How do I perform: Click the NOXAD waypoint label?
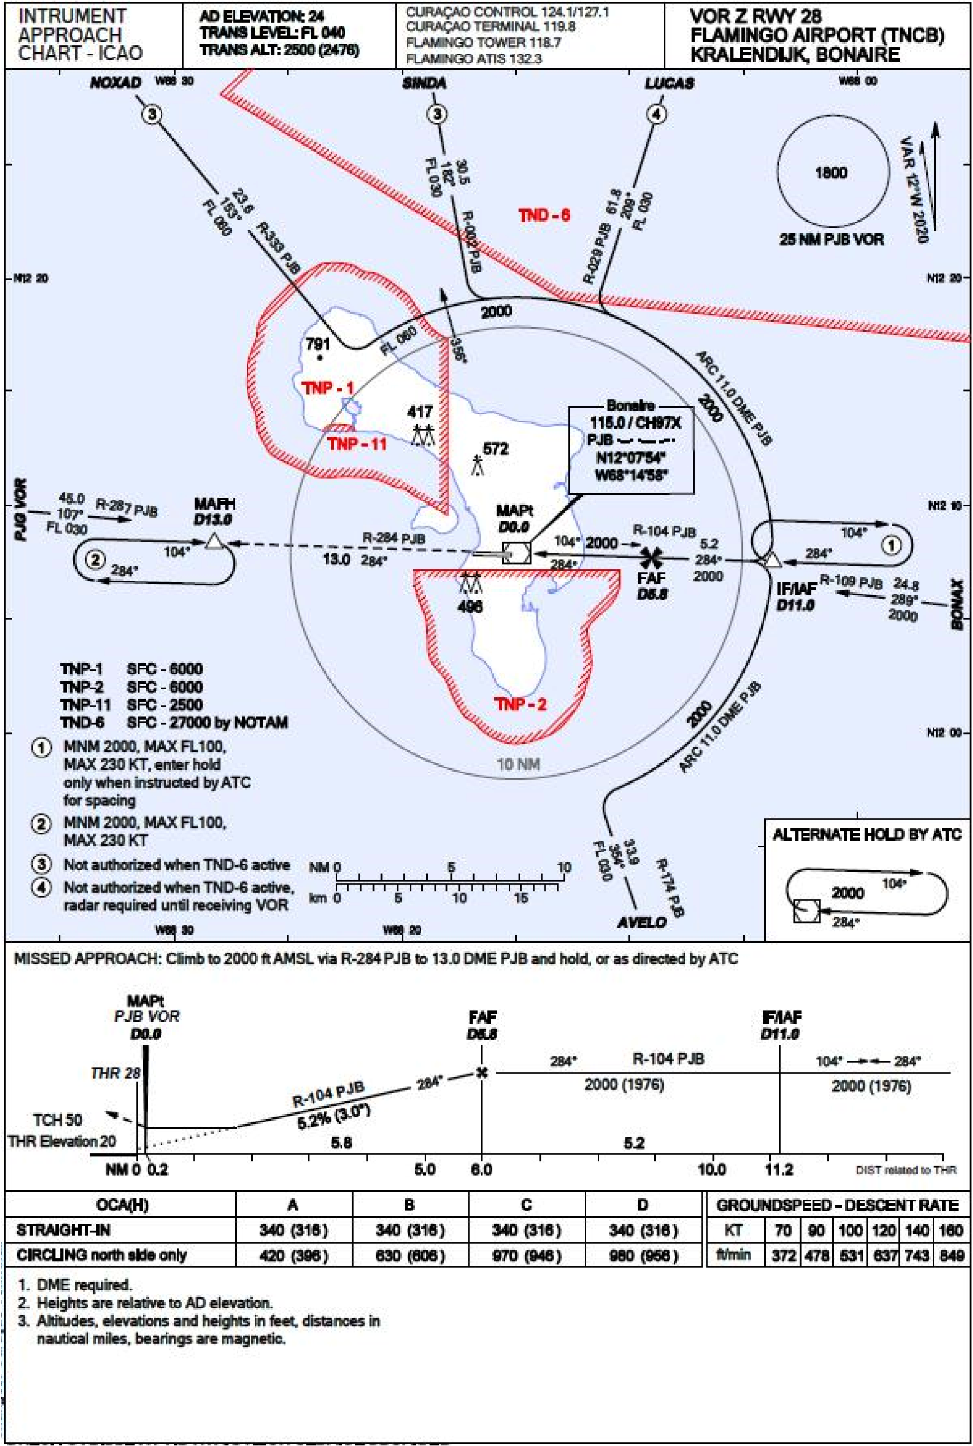click(116, 83)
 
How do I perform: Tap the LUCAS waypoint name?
click(669, 83)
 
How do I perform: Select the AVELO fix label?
click(641, 922)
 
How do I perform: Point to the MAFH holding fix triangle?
click(215, 542)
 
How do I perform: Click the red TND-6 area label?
click(543, 215)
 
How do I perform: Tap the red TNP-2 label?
click(520, 704)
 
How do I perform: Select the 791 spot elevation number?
click(317, 344)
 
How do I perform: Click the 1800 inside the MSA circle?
click(831, 172)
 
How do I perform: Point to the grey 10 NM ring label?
click(518, 764)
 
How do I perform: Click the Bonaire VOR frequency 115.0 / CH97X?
click(635, 423)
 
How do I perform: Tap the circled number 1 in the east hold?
click(891, 546)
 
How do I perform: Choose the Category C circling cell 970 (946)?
click(527, 1256)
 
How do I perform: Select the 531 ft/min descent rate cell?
click(850, 1256)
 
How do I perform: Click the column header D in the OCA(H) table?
click(643, 1205)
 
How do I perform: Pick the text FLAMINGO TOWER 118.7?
click(483, 43)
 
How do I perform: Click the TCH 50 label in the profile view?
click(57, 1120)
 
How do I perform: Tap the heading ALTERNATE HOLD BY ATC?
click(867, 835)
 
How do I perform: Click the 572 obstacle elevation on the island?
click(496, 449)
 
